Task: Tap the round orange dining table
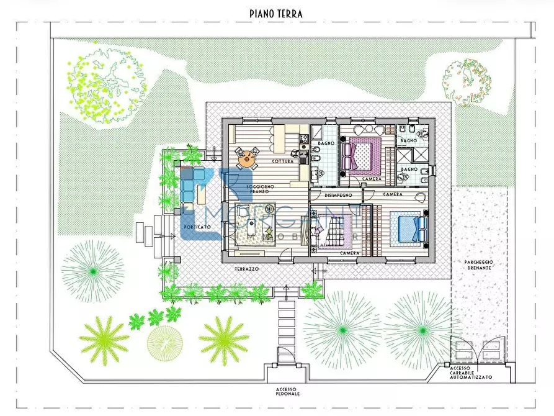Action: (247, 158)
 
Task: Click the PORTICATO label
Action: (197, 227)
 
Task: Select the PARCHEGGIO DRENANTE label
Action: (480, 265)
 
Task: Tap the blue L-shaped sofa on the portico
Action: (193, 186)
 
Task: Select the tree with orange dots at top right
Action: (467, 81)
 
